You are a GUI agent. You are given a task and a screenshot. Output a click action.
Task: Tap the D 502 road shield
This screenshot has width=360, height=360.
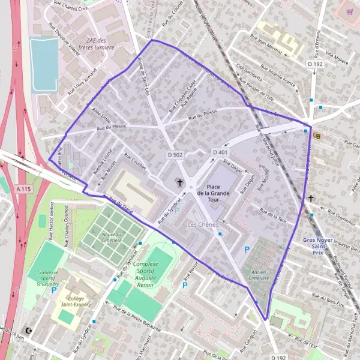(x=175, y=154)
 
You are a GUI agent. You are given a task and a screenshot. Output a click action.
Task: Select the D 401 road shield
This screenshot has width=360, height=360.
(x=220, y=152)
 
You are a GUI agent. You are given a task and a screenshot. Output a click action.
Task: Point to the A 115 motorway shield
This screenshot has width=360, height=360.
(x=23, y=189)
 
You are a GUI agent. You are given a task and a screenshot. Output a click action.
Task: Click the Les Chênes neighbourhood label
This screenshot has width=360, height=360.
(x=200, y=224)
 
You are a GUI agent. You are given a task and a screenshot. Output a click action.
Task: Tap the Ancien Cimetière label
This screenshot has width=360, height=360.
(x=258, y=275)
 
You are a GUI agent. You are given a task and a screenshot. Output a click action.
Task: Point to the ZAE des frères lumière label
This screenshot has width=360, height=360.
(x=100, y=43)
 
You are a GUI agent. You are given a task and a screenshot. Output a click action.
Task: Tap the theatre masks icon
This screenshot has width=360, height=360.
(x=317, y=136)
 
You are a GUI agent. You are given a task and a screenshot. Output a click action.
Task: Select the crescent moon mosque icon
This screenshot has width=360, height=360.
(x=28, y=331)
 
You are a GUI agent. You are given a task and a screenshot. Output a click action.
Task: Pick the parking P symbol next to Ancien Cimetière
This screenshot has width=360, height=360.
(x=245, y=249)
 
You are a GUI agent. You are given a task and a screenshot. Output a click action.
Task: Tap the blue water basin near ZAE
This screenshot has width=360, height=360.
(x=44, y=65)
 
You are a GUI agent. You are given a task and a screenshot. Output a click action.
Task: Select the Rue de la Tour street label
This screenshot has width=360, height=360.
(x=273, y=215)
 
